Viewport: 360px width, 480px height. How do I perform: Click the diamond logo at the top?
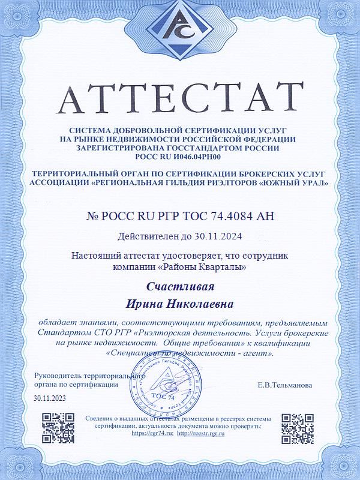tap(179, 34)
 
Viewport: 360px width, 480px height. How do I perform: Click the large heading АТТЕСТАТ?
tap(179, 97)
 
